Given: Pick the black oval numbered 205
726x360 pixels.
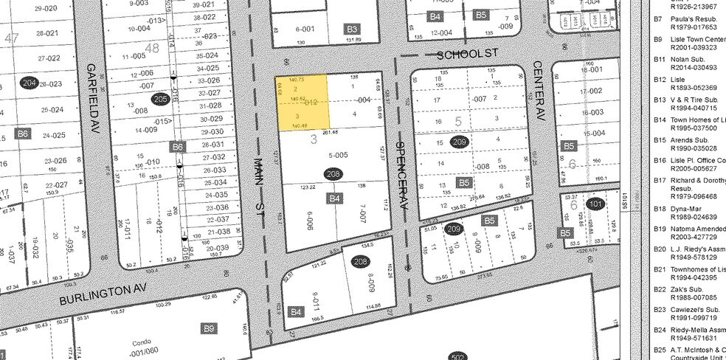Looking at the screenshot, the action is tap(160, 98).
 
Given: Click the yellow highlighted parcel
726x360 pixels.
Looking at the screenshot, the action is tap(302, 103).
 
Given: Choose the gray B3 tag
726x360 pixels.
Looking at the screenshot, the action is tap(352, 29).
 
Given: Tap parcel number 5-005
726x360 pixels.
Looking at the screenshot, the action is tap(337, 155).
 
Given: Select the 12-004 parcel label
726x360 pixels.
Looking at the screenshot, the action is tap(441, 32).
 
